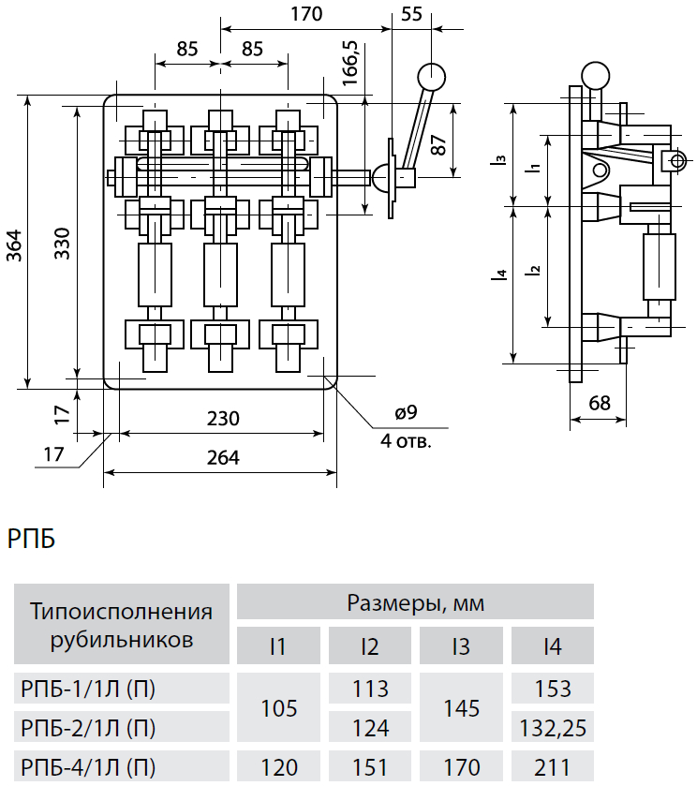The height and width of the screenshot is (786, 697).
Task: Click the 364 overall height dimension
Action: click(x=15, y=245)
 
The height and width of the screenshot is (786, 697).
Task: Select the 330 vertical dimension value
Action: click(x=63, y=244)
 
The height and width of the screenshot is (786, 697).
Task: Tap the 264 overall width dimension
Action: click(x=223, y=458)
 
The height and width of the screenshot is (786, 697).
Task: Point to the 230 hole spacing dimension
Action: click(x=223, y=418)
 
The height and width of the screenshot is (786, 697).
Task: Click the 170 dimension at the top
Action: click(x=306, y=14)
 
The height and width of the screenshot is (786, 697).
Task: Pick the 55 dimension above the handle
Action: click(x=411, y=14)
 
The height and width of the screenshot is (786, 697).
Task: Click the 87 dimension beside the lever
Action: click(x=438, y=145)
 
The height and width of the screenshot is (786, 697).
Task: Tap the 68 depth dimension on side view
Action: click(x=600, y=403)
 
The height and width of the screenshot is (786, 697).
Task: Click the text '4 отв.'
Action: click(x=406, y=441)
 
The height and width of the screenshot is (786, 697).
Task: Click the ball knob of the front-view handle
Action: click(x=431, y=77)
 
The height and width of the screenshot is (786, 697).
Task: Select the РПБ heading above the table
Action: click(x=32, y=540)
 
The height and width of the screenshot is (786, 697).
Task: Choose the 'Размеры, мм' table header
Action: click(x=416, y=602)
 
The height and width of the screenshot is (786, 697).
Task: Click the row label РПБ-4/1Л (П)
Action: click(x=88, y=767)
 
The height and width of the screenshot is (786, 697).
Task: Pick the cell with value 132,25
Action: click(x=553, y=727)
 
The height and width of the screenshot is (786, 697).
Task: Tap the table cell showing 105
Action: click(x=279, y=708)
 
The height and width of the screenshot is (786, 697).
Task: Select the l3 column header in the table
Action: click(x=461, y=646)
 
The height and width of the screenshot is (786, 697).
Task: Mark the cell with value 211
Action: click(x=553, y=767)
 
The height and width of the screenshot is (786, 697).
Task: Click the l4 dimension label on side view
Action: click(x=500, y=274)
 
